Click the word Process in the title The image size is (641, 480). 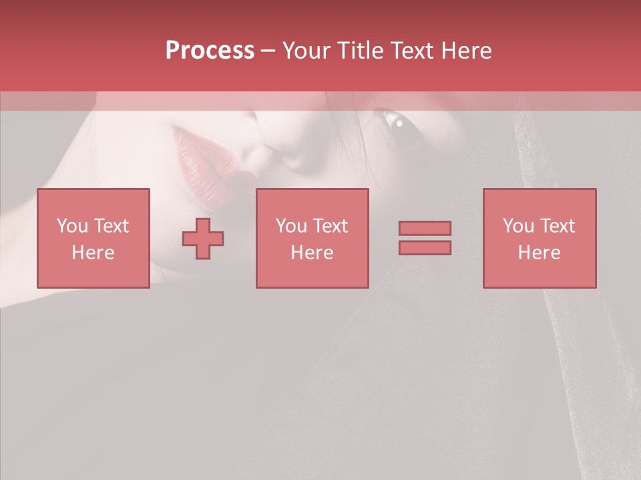tap(210, 51)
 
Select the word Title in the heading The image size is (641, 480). tap(360, 51)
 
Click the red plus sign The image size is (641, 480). tap(203, 238)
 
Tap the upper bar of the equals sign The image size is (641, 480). tap(425, 228)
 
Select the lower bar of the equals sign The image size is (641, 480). tap(425, 248)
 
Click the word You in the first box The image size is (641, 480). tap(71, 226)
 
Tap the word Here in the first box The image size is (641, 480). tap(93, 253)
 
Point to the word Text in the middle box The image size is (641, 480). tap(330, 226)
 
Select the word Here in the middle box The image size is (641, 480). tap(312, 253)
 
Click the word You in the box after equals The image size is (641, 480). tap(518, 226)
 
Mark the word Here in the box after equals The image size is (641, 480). tap(539, 253)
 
